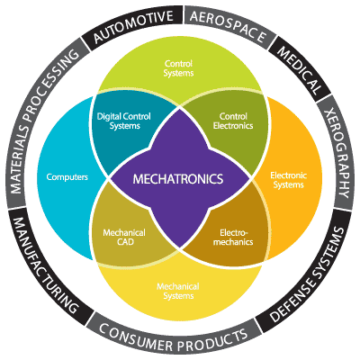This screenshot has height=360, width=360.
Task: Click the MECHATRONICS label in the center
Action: tap(178, 179)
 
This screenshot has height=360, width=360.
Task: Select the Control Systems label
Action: tap(178, 68)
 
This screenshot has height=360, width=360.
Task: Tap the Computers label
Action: tap(67, 177)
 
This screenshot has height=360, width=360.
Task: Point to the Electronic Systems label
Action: tap(288, 180)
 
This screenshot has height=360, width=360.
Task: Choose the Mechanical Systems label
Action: tap(178, 291)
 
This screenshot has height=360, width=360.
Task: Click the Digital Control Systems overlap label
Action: tap(123, 121)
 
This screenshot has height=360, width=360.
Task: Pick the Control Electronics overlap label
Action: tap(233, 121)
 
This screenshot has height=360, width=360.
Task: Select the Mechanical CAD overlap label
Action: tap(124, 237)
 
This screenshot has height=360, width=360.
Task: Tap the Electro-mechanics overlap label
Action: tap(233, 237)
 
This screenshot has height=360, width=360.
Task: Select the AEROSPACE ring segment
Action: tap(229, 25)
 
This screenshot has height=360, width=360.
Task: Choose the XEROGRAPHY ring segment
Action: tap(336, 153)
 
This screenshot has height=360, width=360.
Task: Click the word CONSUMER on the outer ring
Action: tap(131, 337)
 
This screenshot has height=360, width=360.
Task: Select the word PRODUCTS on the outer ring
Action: tap(212, 341)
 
